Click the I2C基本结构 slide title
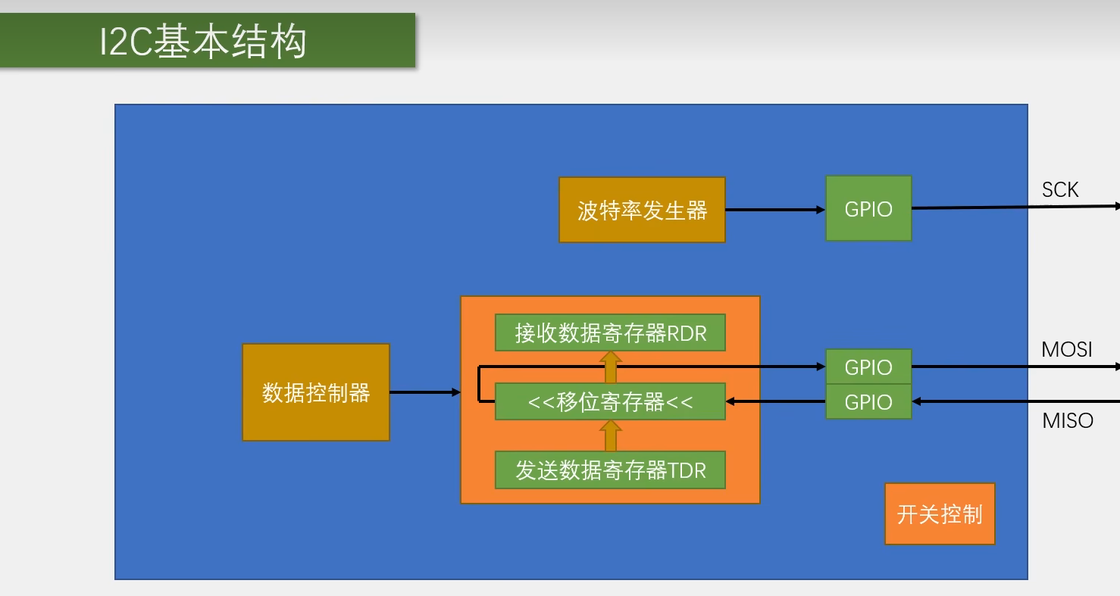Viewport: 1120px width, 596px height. click(x=203, y=41)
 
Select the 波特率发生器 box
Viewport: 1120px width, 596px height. click(x=642, y=210)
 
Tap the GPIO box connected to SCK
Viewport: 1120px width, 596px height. click(x=868, y=209)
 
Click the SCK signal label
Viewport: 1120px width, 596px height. click(x=1059, y=189)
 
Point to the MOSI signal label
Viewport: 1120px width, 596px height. click(x=1067, y=349)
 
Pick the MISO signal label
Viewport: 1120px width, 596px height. click(x=1068, y=420)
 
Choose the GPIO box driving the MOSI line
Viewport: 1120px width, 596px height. click(x=868, y=367)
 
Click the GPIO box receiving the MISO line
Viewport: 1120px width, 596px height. click(x=868, y=402)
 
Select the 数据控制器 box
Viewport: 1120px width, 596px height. click(x=316, y=392)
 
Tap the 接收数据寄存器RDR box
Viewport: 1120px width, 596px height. click(x=610, y=333)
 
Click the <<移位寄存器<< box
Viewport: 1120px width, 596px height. click(x=610, y=401)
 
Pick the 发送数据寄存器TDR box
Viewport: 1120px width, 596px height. click(x=610, y=470)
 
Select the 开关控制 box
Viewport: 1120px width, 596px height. click(x=940, y=514)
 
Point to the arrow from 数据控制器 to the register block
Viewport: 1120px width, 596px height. click(x=424, y=392)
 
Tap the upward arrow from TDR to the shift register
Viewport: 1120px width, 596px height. click(x=610, y=436)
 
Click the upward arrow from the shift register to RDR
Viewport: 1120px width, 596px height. click(x=610, y=368)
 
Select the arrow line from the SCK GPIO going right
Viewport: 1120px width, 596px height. click(x=1015, y=207)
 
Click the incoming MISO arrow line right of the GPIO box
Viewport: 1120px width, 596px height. click(x=1015, y=401)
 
